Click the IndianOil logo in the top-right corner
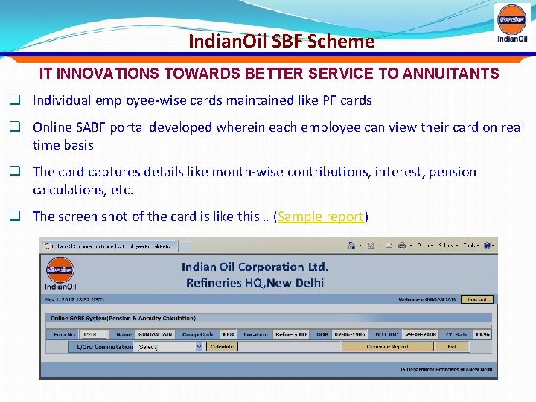pyautogui.click(x=513, y=24)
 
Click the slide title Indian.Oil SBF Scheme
pyautogui.click(x=281, y=42)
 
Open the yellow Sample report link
pyautogui.click(x=321, y=217)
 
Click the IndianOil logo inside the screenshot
pyautogui.click(x=60, y=275)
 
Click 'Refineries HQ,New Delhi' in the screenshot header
pyautogui.click(x=255, y=283)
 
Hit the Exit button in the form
pyautogui.click(x=451, y=347)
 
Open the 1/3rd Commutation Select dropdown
pyautogui.click(x=169, y=347)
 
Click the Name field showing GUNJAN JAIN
pyautogui.click(x=156, y=335)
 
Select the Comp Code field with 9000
pyautogui.click(x=228, y=335)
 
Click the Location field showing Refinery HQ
pyautogui.click(x=290, y=335)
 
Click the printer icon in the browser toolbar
pyautogui.click(x=401, y=245)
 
